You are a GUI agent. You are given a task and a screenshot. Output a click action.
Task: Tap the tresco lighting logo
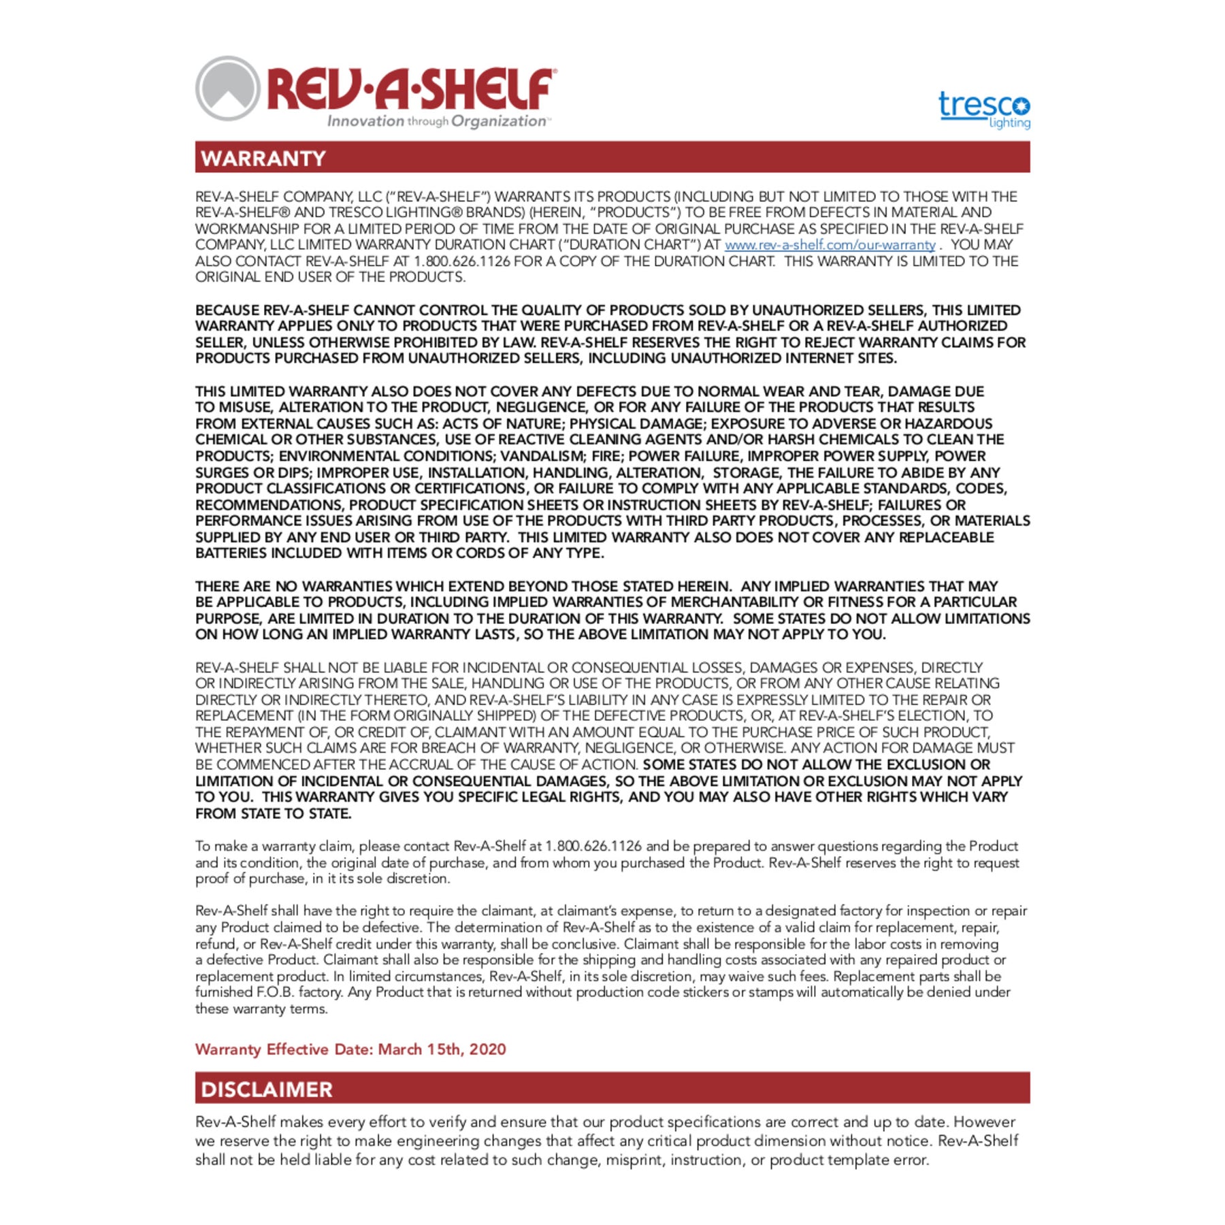[x=984, y=109]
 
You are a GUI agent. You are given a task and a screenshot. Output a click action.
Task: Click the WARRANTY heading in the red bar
[x=263, y=159]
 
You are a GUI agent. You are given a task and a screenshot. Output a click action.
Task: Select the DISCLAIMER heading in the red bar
[x=267, y=1090]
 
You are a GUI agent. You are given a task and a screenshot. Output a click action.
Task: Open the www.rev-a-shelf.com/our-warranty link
[x=830, y=245]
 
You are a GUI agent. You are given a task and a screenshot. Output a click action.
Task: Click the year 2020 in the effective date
[x=487, y=1049]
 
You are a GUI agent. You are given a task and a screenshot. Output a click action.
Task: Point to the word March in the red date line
[x=399, y=1049]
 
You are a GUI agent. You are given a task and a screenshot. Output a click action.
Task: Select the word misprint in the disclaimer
[x=632, y=1160]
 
